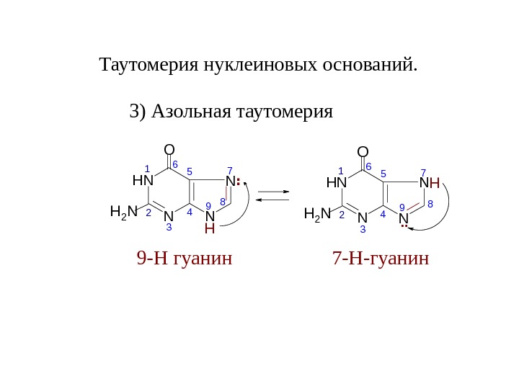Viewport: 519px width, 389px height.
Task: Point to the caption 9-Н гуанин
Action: [x=185, y=258]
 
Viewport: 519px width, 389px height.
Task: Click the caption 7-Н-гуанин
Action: [x=381, y=258]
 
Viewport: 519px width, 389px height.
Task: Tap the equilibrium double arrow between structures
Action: [x=273, y=195]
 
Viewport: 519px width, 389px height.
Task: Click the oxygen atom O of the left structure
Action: [x=169, y=150]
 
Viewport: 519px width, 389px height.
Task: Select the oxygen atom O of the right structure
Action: [x=363, y=151]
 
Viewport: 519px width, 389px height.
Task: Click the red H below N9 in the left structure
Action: [x=210, y=229]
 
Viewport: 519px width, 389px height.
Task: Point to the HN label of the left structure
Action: [x=143, y=179]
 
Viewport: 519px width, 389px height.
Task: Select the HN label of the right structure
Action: [x=337, y=182]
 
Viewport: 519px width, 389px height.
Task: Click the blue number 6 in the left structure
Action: [x=175, y=165]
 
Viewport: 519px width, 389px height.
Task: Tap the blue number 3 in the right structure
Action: [x=363, y=230]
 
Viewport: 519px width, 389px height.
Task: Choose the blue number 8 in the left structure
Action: [x=223, y=202]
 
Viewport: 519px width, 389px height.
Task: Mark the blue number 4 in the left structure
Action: [x=189, y=213]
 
